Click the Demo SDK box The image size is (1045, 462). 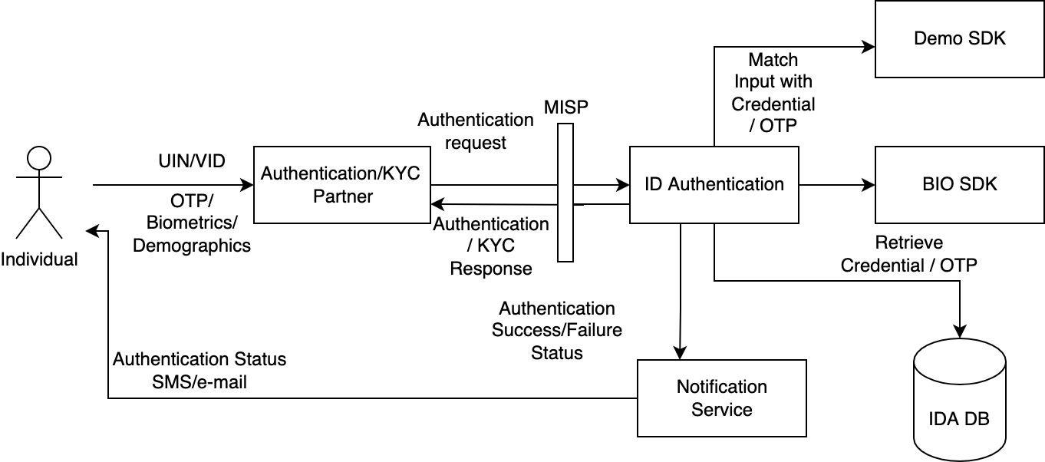coord(959,38)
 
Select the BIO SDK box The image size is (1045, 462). coord(959,185)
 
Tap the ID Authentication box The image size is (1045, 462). coord(714,185)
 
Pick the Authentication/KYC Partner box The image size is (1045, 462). coord(342,185)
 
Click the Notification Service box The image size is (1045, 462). coord(722,398)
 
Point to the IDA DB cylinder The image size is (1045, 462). coord(959,400)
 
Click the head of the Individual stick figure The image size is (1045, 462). coord(38,158)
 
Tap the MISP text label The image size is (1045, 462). coord(566,107)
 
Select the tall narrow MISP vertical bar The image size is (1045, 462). coord(565,193)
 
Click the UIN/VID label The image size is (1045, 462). coord(192,161)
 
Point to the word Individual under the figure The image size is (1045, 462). coord(39,259)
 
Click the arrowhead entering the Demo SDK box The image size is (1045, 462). coord(869,47)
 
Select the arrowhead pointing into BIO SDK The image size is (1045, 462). coord(869,185)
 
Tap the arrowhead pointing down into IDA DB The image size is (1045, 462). coord(960,332)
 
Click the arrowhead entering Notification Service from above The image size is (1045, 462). coord(680,353)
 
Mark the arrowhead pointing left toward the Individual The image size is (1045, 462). coord(92,230)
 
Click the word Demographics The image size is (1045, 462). coord(192,246)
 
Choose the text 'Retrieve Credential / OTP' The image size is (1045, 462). coord(908,254)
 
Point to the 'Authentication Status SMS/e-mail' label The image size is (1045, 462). coord(199,371)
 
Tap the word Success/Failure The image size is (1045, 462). coord(557,330)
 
